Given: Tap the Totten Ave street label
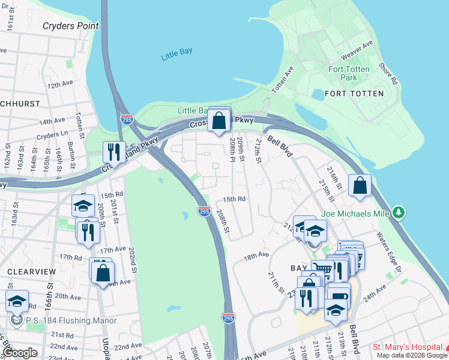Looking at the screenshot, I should [283, 79].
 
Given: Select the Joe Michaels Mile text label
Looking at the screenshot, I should [355, 212].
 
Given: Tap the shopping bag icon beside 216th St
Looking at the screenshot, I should [359, 187].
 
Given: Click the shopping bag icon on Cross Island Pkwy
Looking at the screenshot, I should [220, 120].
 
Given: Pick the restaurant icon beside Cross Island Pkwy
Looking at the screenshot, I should [112, 152].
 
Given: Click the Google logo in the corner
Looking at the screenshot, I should [20, 353].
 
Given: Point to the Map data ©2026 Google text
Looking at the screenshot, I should [412, 355].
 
